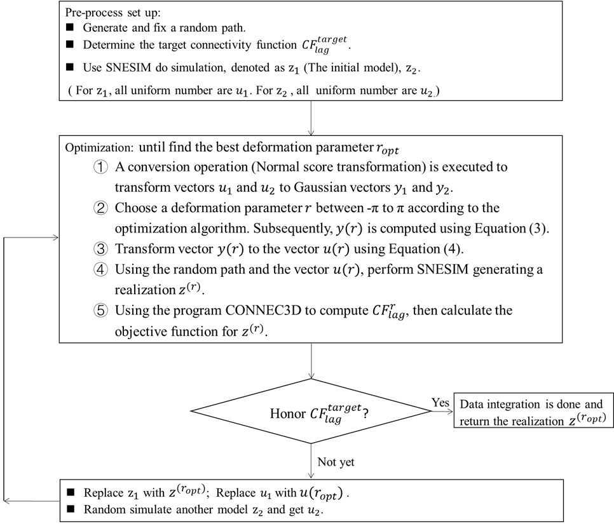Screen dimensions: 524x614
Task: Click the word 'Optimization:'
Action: point(99,147)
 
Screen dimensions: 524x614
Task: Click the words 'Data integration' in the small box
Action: point(499,405)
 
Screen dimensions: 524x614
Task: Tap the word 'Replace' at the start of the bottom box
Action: point(103,493)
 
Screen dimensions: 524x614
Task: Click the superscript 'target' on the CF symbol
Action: point(332,39)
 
